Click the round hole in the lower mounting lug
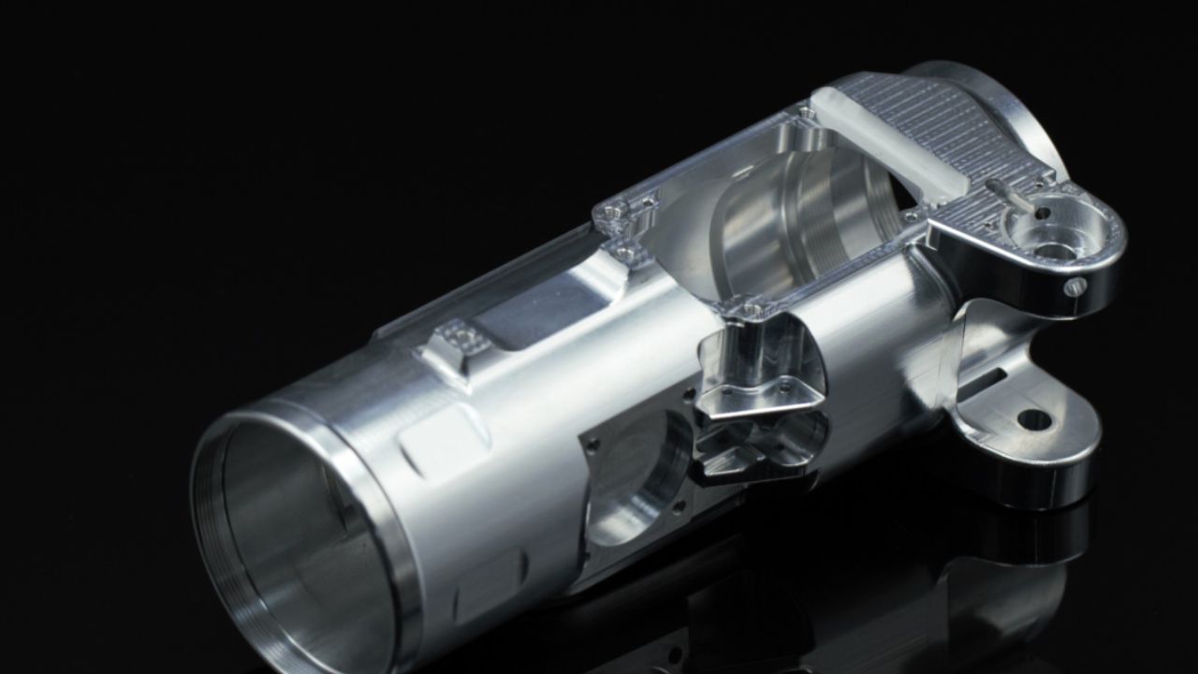coord(1033,420)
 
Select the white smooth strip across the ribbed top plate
coord(889,150)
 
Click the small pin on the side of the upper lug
coord(1075,286)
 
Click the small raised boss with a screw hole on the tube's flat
coord(458,337)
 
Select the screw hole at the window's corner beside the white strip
coord(805,113)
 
